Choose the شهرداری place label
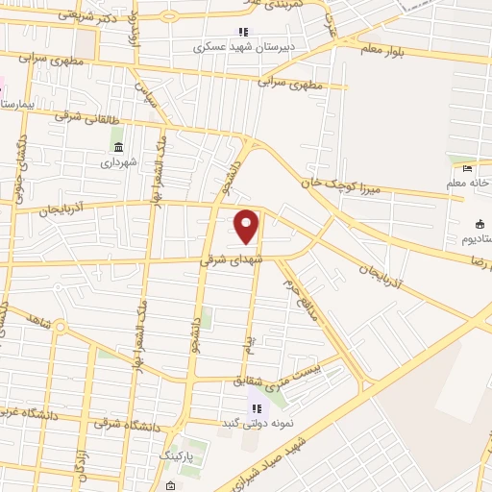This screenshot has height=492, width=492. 119,161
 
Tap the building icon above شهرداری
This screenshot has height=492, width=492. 118,146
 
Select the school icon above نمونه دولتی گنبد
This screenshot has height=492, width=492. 257,408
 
